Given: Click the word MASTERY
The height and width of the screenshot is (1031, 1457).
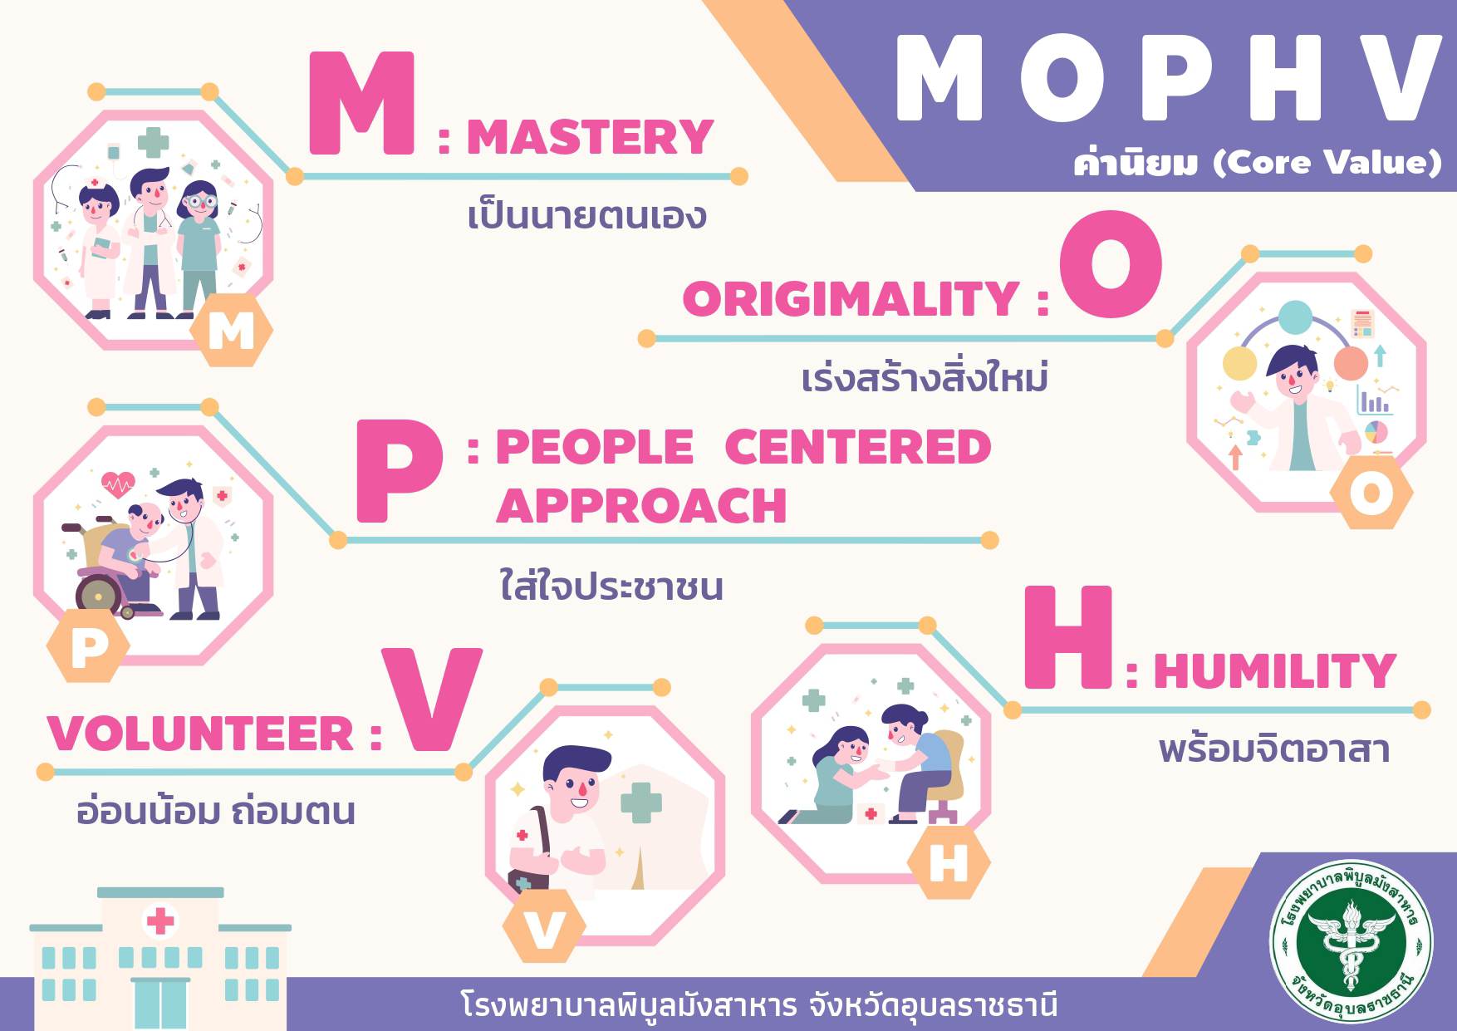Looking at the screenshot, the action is tap(590, 138).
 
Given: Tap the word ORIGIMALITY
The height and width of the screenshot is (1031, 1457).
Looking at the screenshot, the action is tap(851, 299).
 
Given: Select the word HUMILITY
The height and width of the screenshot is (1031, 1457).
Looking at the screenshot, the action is tap(1274, 671).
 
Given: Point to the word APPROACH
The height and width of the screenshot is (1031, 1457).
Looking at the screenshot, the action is tap(641, 505).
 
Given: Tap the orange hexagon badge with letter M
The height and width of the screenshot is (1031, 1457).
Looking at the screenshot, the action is tap(231, 331).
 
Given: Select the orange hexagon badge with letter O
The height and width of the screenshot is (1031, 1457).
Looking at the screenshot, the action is tap(1371, 493).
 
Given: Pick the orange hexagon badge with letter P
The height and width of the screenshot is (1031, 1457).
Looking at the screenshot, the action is tap(89, 646).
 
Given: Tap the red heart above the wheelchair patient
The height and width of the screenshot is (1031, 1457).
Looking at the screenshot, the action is tap(118, 484).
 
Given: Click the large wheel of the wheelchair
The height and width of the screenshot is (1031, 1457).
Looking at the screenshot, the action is tap(99, 594).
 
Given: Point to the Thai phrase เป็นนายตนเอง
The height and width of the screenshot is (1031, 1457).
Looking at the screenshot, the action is tap(586, 215).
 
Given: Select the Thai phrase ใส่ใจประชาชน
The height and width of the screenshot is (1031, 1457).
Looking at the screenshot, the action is tap(611, 585).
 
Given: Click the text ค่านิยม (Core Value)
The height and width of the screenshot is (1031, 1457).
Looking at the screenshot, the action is tap(1258, 161).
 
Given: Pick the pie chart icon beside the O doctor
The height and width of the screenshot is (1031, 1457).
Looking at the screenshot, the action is tap(1376, 432).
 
